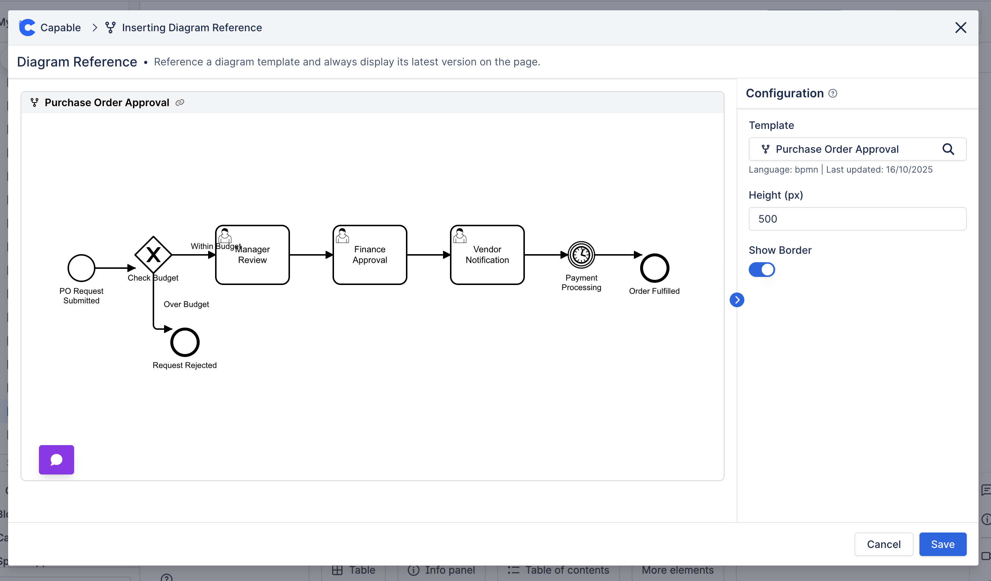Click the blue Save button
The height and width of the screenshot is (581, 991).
click(942, 544)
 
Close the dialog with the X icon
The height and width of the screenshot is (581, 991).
click(960, 28)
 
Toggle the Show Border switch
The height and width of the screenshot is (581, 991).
click(761, 270)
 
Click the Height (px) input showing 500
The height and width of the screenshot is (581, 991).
click(857, 219)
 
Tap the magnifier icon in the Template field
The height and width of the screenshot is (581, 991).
click(948, 149)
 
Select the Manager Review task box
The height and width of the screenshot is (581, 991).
click(253, 255)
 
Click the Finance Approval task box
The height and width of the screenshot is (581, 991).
click(370, 255)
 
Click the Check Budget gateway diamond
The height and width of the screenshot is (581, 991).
click(153, 255)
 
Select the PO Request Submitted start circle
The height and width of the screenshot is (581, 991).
click(81, 268)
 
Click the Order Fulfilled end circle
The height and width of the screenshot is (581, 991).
click(654, 268)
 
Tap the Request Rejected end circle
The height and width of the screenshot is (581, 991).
click(185, 342)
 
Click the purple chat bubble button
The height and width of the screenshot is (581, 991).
click(56, 459)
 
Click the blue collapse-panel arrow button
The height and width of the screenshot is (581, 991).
click(737, 300)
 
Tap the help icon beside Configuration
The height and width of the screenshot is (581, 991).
click(832, 93)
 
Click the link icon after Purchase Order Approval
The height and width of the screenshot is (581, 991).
click(180, 103)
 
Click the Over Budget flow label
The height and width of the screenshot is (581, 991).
click(186, 304)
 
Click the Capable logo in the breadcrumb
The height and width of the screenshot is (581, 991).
click(27, 28)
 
